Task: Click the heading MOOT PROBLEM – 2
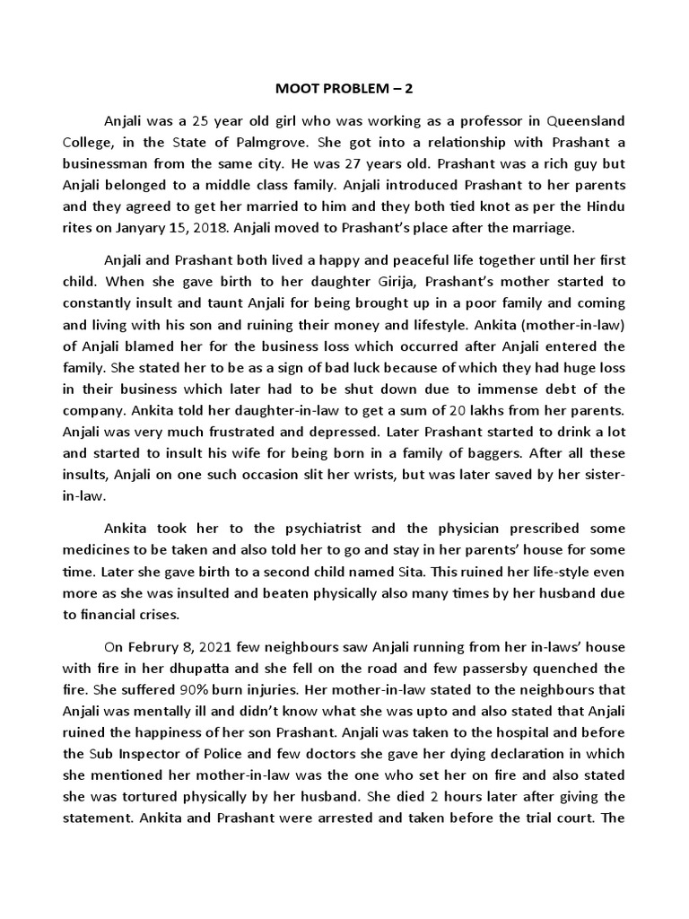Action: (x=344, y=91)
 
